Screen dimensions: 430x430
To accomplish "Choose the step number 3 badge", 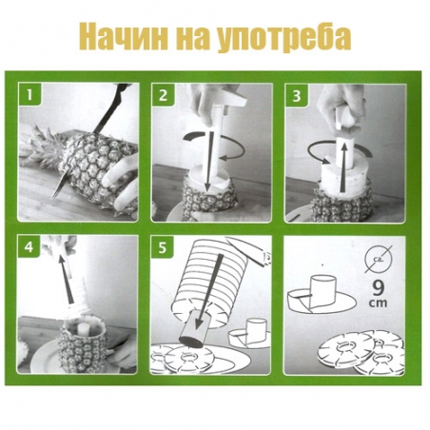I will [x=296, y=95].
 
